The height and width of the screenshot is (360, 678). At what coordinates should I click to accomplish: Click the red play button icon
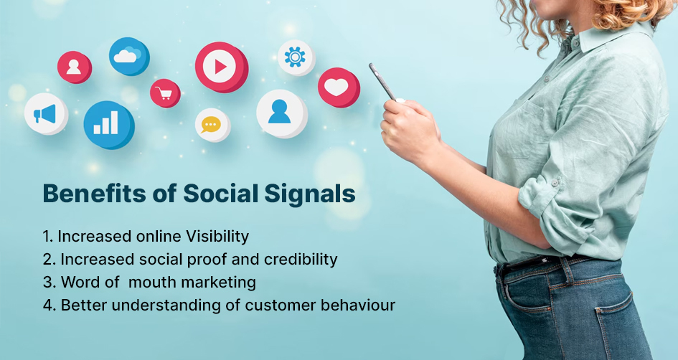click(222, 67)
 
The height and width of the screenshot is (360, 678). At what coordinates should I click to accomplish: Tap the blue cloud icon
click(129, 56)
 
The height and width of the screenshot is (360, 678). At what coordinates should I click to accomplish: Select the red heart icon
click(339, 87)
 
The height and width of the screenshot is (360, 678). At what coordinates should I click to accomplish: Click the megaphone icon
click(46, 113)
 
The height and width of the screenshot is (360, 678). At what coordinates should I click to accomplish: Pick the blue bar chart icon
click(108, 125)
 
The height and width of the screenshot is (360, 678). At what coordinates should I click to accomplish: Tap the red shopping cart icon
click(165, 93)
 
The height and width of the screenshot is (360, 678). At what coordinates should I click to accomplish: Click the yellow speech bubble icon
click(212, 125)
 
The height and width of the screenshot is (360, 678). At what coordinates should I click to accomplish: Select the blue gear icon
click(296, 57)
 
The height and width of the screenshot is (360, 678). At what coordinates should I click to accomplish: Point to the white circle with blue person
click(281, 113)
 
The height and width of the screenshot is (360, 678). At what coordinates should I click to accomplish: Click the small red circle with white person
click(75, 67)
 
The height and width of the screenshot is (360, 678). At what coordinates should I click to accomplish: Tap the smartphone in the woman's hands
click(383, 82)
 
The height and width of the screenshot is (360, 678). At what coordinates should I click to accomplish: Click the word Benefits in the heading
click(94, 193)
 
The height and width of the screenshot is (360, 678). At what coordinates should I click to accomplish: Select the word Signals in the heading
click(310, 194)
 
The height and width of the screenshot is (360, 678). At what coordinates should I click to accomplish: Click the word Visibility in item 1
click(217, 237)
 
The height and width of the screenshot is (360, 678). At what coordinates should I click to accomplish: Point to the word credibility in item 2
click(301, 259)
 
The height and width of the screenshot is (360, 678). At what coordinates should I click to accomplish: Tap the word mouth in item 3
click(153, 283)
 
